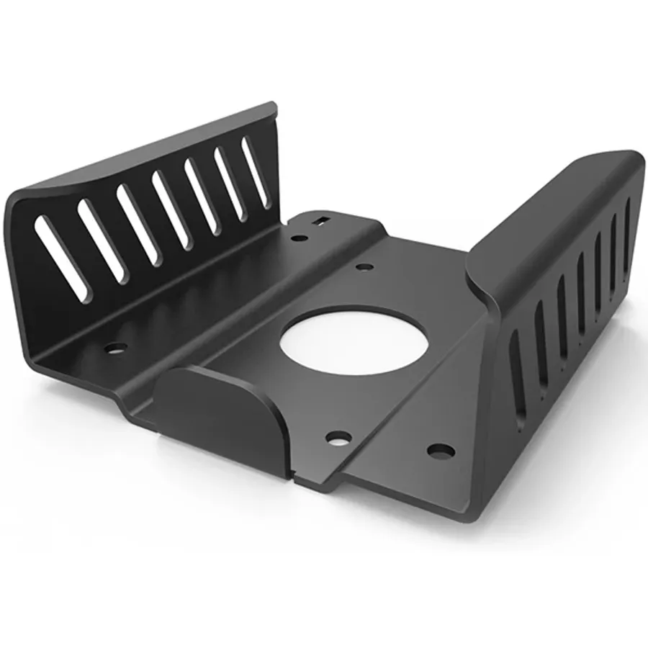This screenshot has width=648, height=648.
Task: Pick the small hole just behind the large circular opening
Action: (x=364, y=267)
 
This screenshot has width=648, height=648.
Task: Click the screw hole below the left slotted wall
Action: (x=114, y=348)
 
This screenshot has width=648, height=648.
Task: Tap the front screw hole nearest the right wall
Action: (x=441, y=451)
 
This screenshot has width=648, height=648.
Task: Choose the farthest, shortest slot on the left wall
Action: (x=256, y=172)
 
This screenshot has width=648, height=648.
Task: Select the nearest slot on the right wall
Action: (x=517, y=377)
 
